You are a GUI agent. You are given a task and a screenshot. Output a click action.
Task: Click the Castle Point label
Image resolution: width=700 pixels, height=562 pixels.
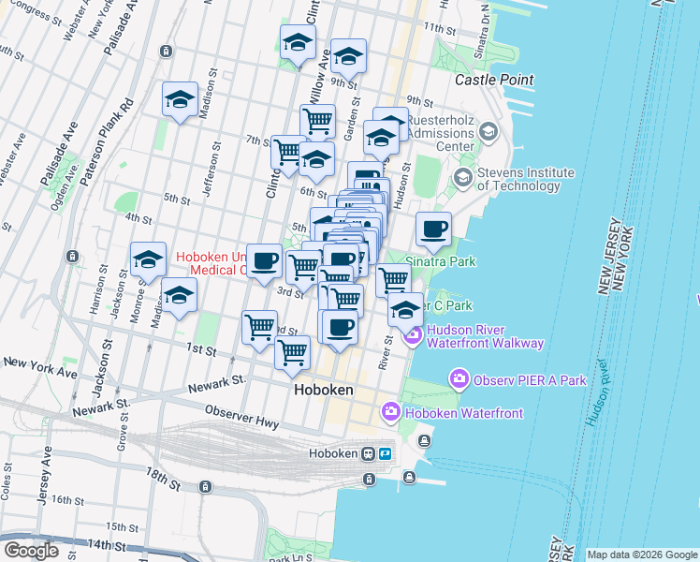click(x=494, y=81)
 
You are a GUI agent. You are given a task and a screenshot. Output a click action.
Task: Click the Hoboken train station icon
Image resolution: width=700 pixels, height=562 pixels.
click(x=384, y=453)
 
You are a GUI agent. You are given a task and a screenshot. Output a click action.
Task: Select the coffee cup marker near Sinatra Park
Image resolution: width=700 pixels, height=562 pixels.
click(x=433, y=229)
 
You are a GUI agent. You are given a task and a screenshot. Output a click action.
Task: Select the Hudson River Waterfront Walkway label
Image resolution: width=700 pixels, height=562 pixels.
click(x=485, y=336)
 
